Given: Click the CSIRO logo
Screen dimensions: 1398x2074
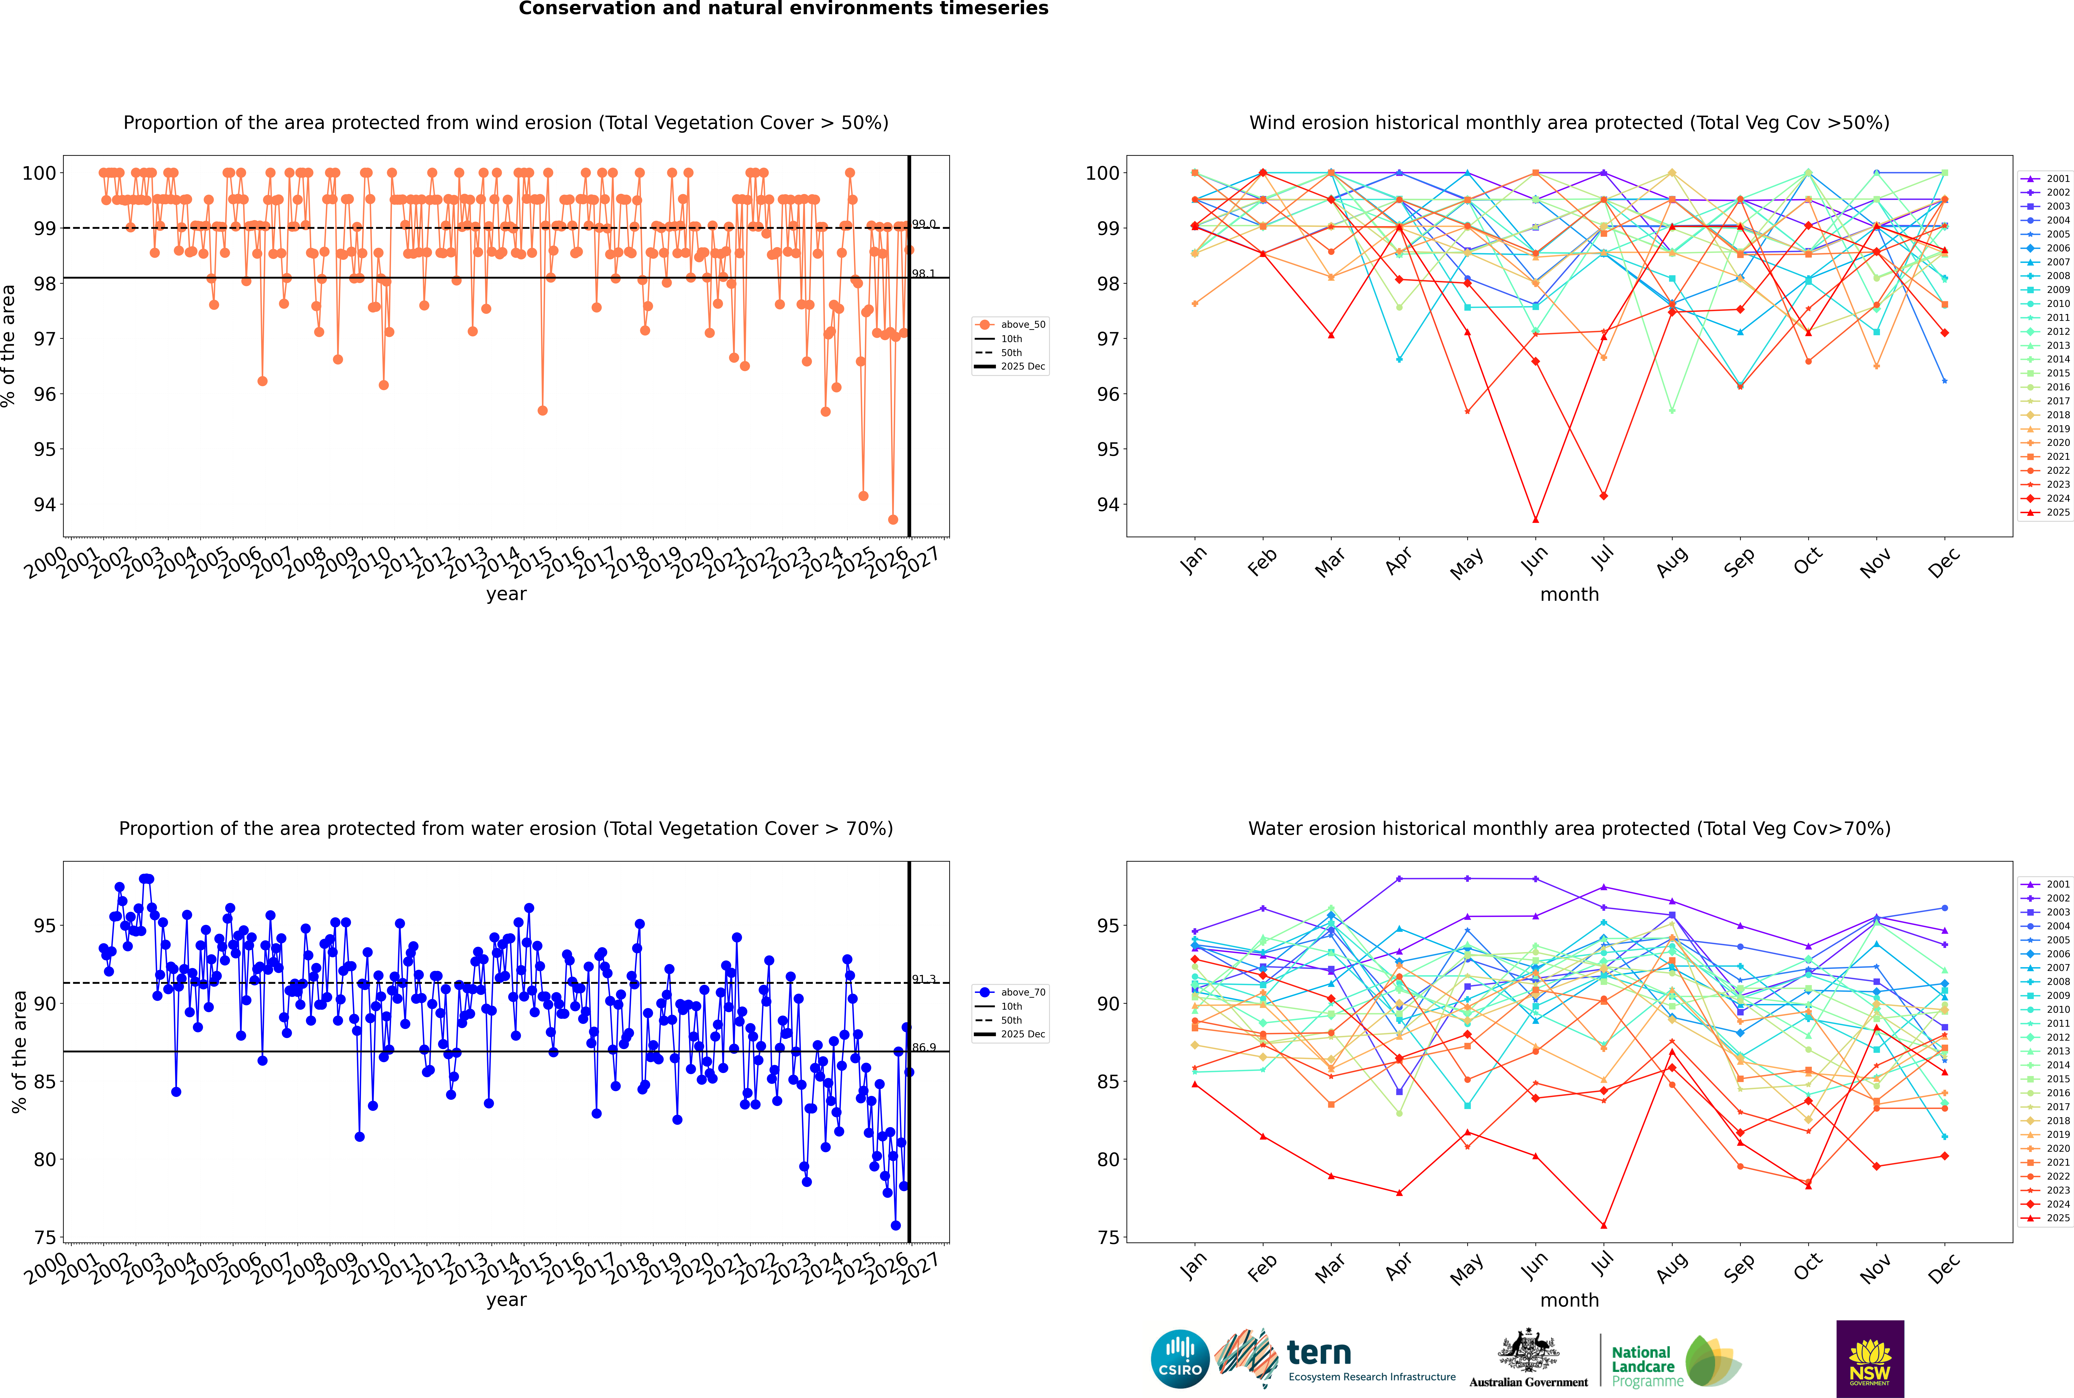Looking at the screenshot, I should point(1180,1359).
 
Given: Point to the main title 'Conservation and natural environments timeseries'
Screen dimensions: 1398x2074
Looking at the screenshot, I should point(783,9).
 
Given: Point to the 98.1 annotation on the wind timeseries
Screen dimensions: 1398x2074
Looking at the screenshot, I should point(923,274).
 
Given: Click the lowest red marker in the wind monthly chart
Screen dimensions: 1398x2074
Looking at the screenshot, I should point(1535,520).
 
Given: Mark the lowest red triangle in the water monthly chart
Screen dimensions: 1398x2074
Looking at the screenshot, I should point(1603,1226).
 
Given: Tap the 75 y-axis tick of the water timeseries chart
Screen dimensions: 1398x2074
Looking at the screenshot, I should point(44,1238).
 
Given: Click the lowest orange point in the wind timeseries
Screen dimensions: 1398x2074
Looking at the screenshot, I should point(893,520).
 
